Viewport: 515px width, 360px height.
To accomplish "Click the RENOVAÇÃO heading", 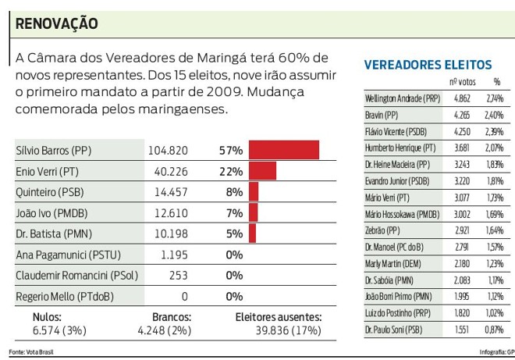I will (57, 24).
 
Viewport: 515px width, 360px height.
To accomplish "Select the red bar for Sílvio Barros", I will (284, 150).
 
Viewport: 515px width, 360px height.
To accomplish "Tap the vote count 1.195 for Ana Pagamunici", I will (174, 255).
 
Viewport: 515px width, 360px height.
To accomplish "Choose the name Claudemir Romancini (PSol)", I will (74, 276).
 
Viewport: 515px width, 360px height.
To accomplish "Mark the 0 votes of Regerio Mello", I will (184, 297).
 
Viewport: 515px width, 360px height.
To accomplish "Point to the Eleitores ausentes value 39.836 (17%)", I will (279, 330).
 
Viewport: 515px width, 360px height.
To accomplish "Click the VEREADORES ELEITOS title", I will (428, 65).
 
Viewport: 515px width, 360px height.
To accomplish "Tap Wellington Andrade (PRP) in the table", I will (403, 98).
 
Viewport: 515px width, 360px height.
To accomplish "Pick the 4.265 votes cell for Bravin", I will (462, 116).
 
